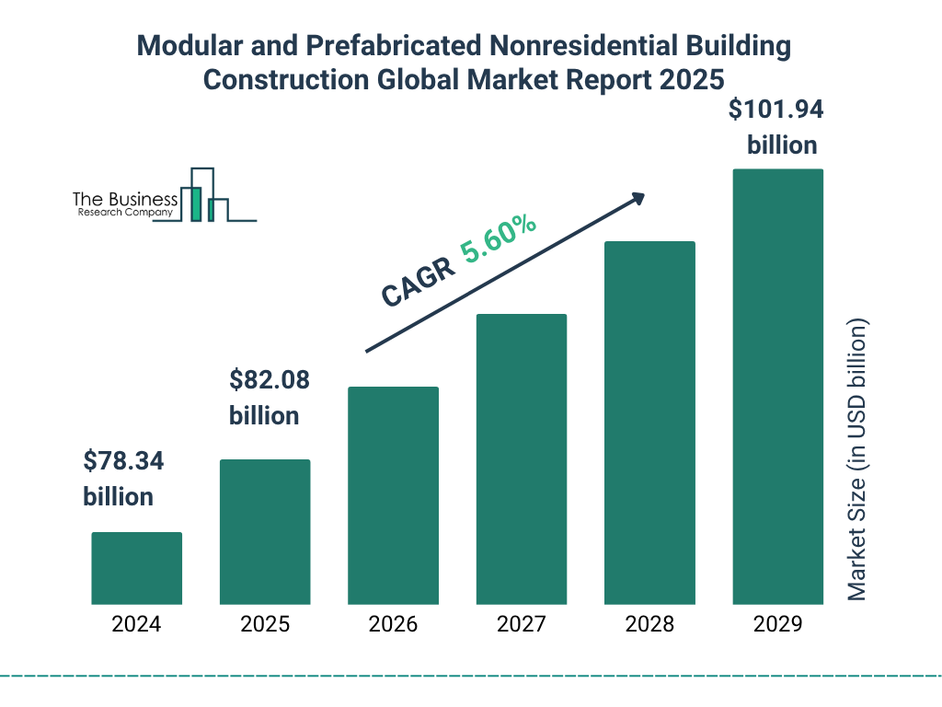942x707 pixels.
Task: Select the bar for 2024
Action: click(x=136, y=568)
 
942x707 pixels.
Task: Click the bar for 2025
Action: click(x=265, y=531)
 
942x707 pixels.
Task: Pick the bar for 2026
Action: click(x=393, y=495)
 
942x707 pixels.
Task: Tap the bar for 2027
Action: click(x=521, y=458)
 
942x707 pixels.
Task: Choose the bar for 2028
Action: click(x=649, y=423)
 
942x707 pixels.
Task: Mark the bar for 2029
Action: click(x=777, y=387)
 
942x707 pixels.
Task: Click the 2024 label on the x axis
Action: click(x=136, y=624)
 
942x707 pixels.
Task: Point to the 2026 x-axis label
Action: click(x=393, y=624)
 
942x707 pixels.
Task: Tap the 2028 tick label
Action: click(x=649, y=624)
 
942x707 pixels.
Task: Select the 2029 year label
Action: click(x=777, y=624)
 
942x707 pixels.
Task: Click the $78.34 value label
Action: click(x=123, y=460)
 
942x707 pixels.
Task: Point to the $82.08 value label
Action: click(x=269, y=379)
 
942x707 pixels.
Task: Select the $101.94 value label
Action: click(x=775, y=110)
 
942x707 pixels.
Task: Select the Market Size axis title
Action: click(x=857, y=459)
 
